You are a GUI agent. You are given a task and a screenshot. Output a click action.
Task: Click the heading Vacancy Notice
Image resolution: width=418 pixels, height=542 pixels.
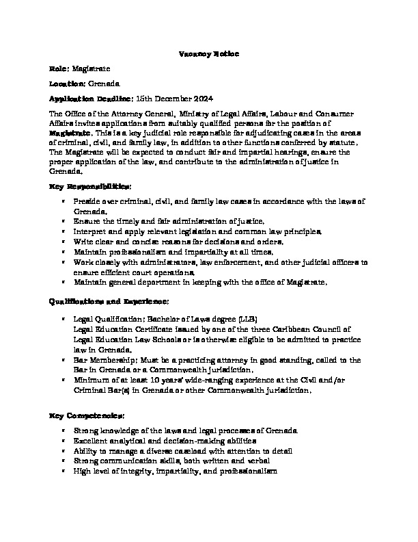click(208, 53)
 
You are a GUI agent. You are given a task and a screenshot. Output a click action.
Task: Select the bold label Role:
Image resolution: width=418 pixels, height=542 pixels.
click(59, 69)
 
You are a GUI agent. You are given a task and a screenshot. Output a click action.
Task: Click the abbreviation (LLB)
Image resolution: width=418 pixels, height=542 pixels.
click(245, 320)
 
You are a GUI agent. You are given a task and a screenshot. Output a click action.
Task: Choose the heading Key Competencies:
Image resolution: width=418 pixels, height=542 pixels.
click(87, 415)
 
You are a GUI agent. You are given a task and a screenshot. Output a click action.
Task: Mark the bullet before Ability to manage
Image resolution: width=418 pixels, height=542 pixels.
click(63, 452)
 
